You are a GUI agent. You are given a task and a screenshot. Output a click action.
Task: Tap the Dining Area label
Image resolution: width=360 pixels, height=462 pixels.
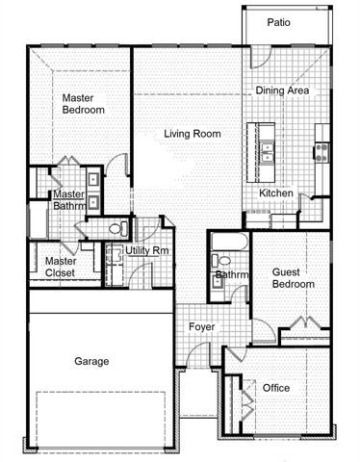[x=282, y=90]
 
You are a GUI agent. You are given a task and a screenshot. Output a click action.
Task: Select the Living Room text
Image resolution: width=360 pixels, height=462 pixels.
[x=193, y=133]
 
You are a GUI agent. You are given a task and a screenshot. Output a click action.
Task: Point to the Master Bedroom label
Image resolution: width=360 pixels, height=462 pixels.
[x=84, y=104]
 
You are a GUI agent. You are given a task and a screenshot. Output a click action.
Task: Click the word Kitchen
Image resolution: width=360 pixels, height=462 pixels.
[x=277, y=192]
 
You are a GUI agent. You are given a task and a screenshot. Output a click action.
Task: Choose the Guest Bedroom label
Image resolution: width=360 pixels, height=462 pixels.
[x=293, y=278]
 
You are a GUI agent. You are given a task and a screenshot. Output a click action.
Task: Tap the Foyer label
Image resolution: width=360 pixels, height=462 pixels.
[x=201, y=327]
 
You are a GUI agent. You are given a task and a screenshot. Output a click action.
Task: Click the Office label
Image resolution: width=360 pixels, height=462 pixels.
[x=276, y=388]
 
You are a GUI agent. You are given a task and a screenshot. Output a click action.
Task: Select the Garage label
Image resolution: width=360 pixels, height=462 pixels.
[x=91, y=361]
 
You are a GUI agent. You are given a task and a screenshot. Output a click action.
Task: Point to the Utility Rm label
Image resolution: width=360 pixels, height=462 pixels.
[x=147, y=250]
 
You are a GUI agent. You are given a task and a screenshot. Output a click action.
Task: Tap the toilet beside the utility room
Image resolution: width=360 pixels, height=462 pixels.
[x=116, y=228]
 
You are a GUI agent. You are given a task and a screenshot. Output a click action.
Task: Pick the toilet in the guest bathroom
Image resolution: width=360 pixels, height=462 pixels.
[x=223, y=260]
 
